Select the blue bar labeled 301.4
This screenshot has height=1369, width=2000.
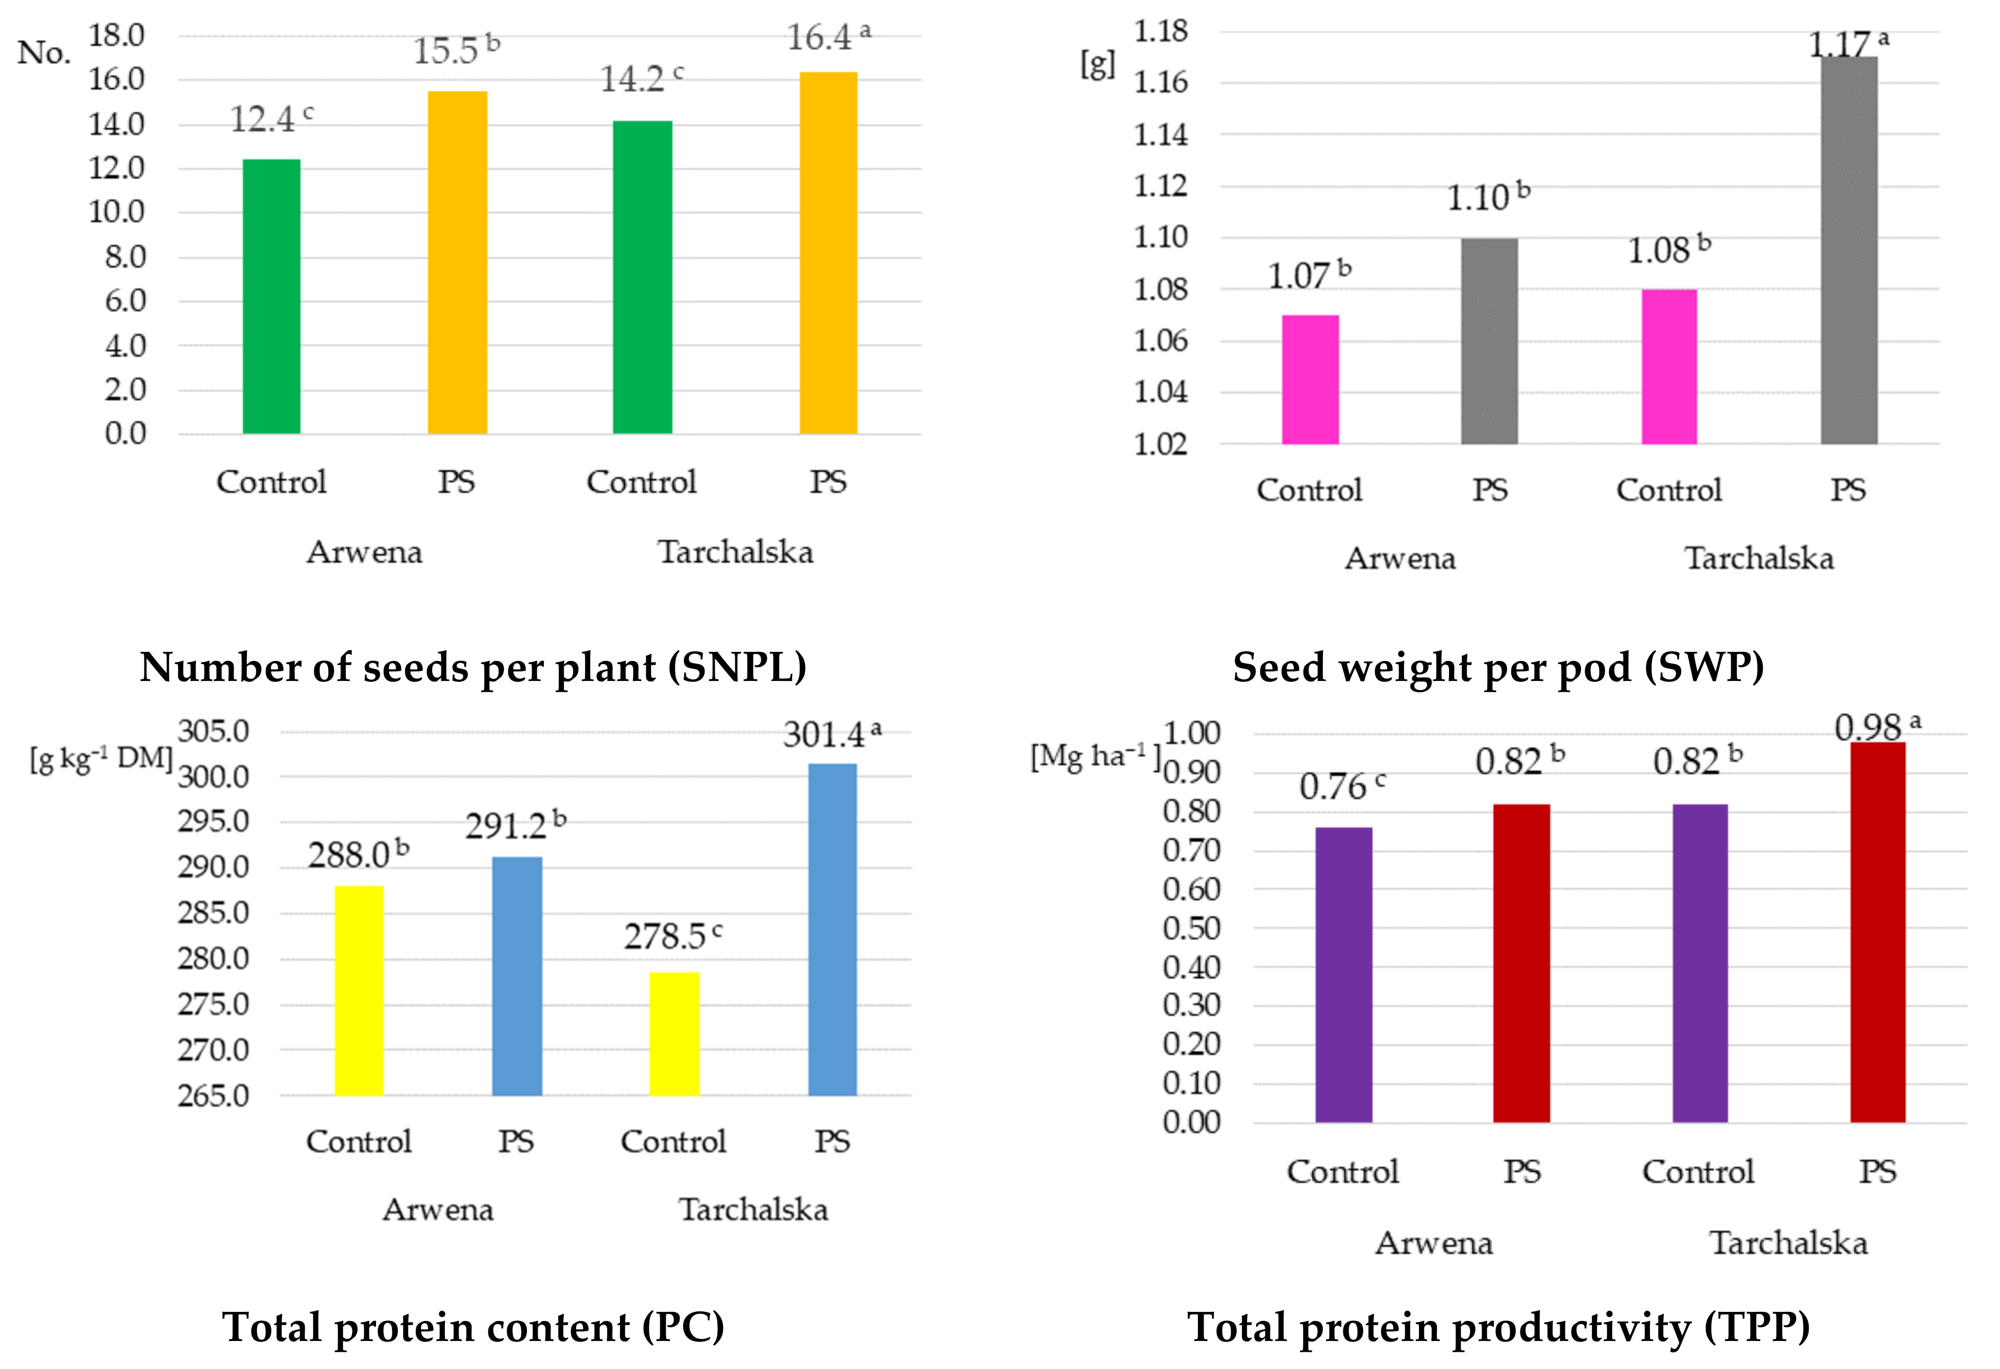pos(832,929)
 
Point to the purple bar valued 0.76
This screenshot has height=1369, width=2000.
pos(1343,974)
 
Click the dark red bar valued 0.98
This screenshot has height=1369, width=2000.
pos(1878,932)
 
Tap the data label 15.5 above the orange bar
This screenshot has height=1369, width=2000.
pos(446,52)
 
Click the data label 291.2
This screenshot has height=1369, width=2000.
pos(506,827)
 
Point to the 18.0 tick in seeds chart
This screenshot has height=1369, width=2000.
pos(116,36)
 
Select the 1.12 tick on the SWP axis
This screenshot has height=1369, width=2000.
pos(1160,186)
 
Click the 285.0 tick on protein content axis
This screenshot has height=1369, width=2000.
pos(213,913)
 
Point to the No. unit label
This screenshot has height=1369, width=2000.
pos(44,54)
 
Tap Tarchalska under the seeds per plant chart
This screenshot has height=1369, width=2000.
pos(736,551)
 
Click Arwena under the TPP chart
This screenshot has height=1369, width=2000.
pos(1434,1243)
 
